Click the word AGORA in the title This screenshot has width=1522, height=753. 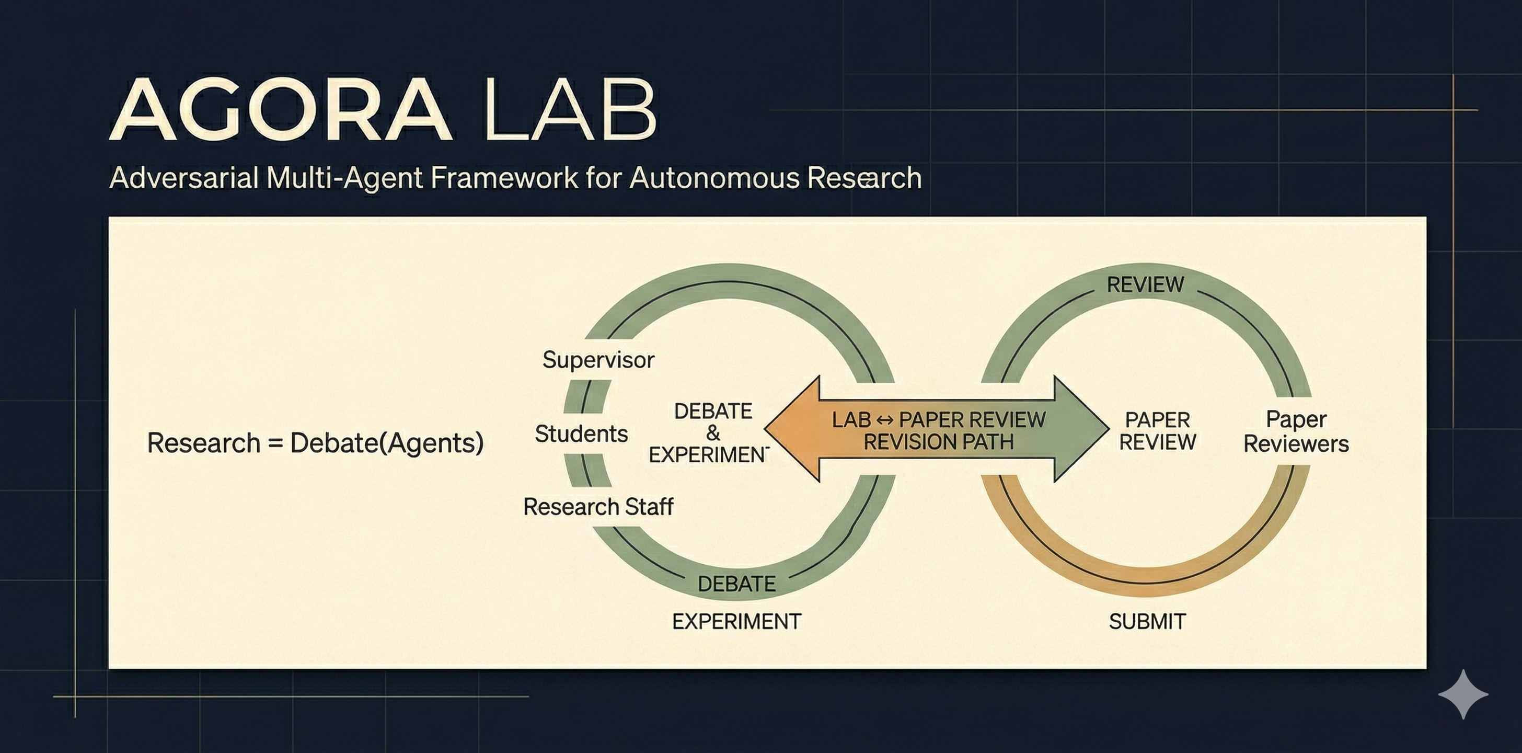tap(281, 111)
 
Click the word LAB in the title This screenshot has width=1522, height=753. tap(570, 111)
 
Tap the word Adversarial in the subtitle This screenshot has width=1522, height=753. tap(184, 178)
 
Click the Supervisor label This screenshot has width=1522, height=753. tap(598, 359)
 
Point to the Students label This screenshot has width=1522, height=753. tap(581, 434)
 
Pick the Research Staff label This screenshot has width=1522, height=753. tap(598, 507)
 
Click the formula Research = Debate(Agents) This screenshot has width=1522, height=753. tap(315, 443)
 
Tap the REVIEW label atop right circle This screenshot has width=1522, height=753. tap(1145, 285)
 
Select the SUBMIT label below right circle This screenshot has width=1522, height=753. tap(1147, 621)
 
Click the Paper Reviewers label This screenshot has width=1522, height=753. tap(1296, 431)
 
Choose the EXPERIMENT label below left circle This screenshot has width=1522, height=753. tap(736, 621)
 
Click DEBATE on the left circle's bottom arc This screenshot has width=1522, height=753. tap(736, 584)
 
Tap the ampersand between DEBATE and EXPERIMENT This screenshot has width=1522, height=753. tap(713, 433)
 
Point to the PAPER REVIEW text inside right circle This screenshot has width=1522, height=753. tap(1157, 431)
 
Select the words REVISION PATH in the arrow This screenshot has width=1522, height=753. tap(938, 442)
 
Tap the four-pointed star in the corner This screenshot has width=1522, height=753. tap(1463, 694)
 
